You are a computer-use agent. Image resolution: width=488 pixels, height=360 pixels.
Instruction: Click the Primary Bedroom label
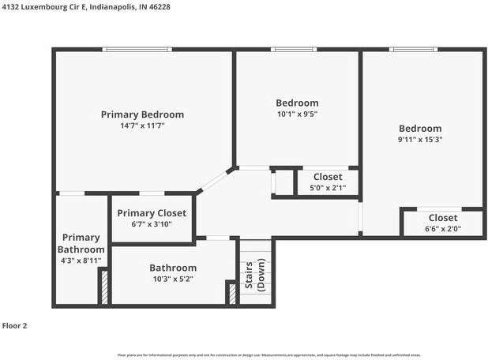[142, 114]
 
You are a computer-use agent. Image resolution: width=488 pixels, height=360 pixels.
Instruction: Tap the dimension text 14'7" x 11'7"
[142, 126]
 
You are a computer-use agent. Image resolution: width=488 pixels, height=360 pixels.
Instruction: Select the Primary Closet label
[152, 213]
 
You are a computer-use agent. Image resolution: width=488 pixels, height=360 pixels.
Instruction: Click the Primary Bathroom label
[81, 243]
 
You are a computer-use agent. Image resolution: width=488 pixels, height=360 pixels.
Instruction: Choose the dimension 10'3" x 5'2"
[173, 279]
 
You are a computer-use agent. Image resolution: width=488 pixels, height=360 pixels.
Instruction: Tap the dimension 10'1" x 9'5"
[297, 114]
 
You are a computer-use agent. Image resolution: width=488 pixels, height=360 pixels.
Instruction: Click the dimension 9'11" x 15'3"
[419, 140]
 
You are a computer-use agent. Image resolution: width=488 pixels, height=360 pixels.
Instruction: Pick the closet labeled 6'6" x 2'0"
[443, 223]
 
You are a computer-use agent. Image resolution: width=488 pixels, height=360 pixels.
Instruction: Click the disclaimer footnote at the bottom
[268, 355]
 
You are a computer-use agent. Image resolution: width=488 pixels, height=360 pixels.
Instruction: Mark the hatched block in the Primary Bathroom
[103, 287]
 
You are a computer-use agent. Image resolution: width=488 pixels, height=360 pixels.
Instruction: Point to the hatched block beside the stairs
[232, 293]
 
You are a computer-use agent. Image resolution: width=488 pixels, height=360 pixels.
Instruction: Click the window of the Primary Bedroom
[138, 50]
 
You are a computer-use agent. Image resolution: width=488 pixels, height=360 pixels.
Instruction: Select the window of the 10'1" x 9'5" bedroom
[294, 50]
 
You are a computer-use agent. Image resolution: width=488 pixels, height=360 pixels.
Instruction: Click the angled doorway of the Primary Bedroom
[212, 181]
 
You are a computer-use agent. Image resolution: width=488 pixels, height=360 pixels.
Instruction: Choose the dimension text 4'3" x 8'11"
[81, 261]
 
